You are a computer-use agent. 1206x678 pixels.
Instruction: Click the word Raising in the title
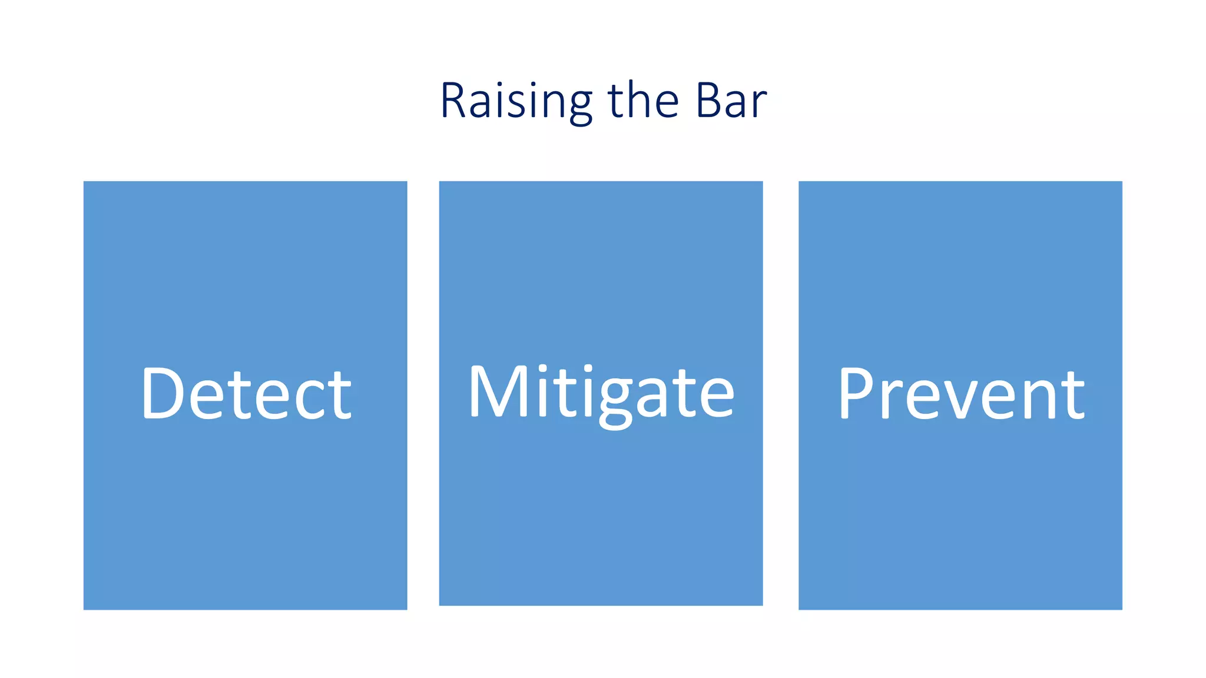tap(516, 101)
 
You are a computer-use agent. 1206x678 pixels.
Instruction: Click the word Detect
tap(246, 393)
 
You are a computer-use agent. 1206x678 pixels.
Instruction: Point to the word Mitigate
tap(601, 393)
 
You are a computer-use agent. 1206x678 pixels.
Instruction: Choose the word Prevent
tap(960, 393)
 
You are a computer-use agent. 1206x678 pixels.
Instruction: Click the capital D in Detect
tap(161, 393)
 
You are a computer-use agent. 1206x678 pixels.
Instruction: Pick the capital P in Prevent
tap(856, 393)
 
